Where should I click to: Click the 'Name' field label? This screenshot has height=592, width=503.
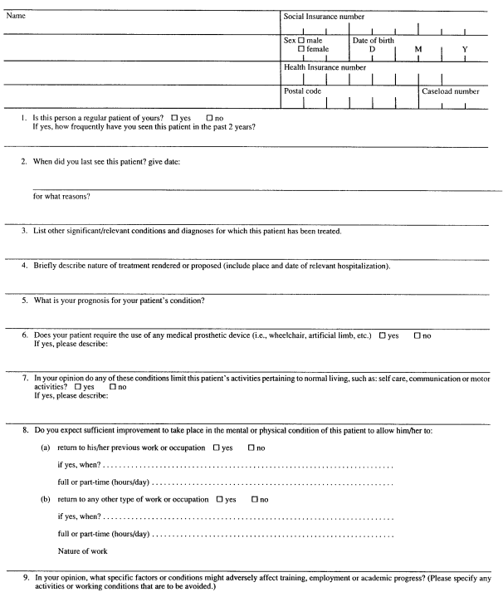17,16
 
